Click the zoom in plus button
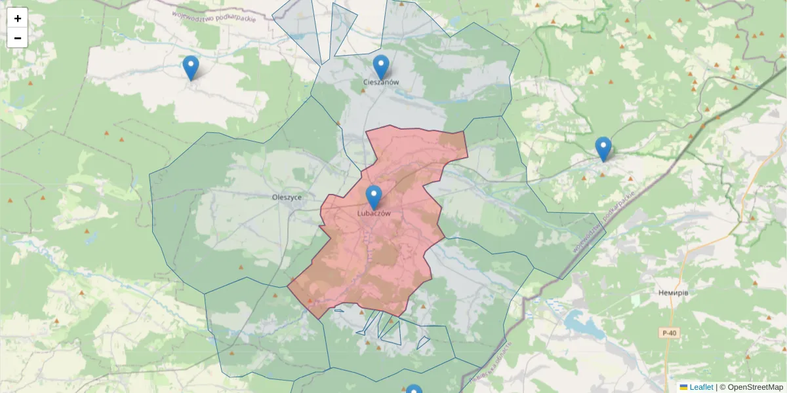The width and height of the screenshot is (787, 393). tap(17, 18)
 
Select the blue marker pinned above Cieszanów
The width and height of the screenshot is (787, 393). tap(381, 66)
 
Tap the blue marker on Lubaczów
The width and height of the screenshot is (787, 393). tap(374, 196)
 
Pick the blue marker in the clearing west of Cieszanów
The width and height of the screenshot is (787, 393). tap(191, 67)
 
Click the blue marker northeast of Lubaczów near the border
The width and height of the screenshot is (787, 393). tap(603, 148)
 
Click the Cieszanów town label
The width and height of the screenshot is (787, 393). tap(381, 83)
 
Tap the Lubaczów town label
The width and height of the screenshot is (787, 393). tap(374, 214)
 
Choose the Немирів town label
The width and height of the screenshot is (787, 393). tap(673, 293)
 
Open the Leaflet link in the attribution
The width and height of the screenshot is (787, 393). tap(701, 387)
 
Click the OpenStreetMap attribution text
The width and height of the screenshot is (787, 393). tap(755, 387)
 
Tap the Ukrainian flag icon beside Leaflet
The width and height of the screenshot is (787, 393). tap(684, 387)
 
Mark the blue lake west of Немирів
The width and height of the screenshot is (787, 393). tap(576, 322)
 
